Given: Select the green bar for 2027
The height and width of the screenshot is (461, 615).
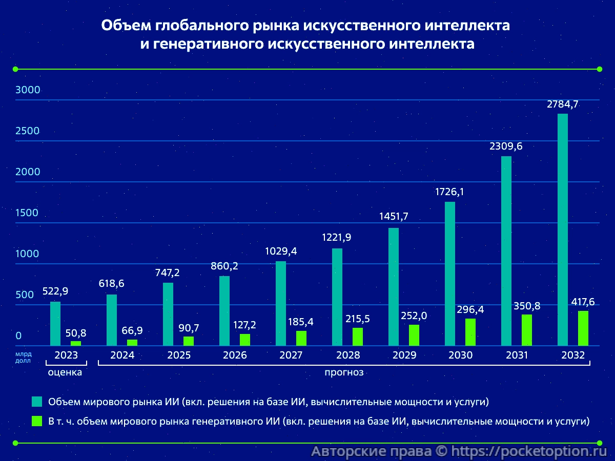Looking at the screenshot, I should click(x=301, y=338).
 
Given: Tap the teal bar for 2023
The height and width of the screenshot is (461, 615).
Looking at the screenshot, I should click(x=55, y=323).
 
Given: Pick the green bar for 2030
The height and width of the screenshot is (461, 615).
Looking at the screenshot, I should click(x=470, y=332).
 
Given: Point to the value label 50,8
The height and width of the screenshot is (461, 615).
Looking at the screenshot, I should click(x=75, y=333).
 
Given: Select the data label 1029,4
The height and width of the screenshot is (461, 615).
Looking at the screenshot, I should click(x=280, y=252).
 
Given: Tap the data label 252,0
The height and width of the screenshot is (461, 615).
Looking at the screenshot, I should click(x=414, y=316).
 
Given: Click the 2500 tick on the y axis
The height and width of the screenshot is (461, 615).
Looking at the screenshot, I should click(x=28, y=131).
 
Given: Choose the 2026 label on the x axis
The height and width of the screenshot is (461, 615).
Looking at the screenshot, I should click(x=235, y=355).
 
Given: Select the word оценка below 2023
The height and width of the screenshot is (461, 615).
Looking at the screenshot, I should click(x=65, y=372).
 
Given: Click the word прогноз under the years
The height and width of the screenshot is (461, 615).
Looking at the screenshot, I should click(x=344, y=372).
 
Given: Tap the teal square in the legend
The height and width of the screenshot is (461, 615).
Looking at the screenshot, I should click(x=36, y=402).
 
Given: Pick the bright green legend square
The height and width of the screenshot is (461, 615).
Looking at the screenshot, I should click(x=36, y=421).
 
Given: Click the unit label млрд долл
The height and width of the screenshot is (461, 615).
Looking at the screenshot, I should click(x=23, y=357).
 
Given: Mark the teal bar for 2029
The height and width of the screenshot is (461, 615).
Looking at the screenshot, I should click(x=394, y=286).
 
